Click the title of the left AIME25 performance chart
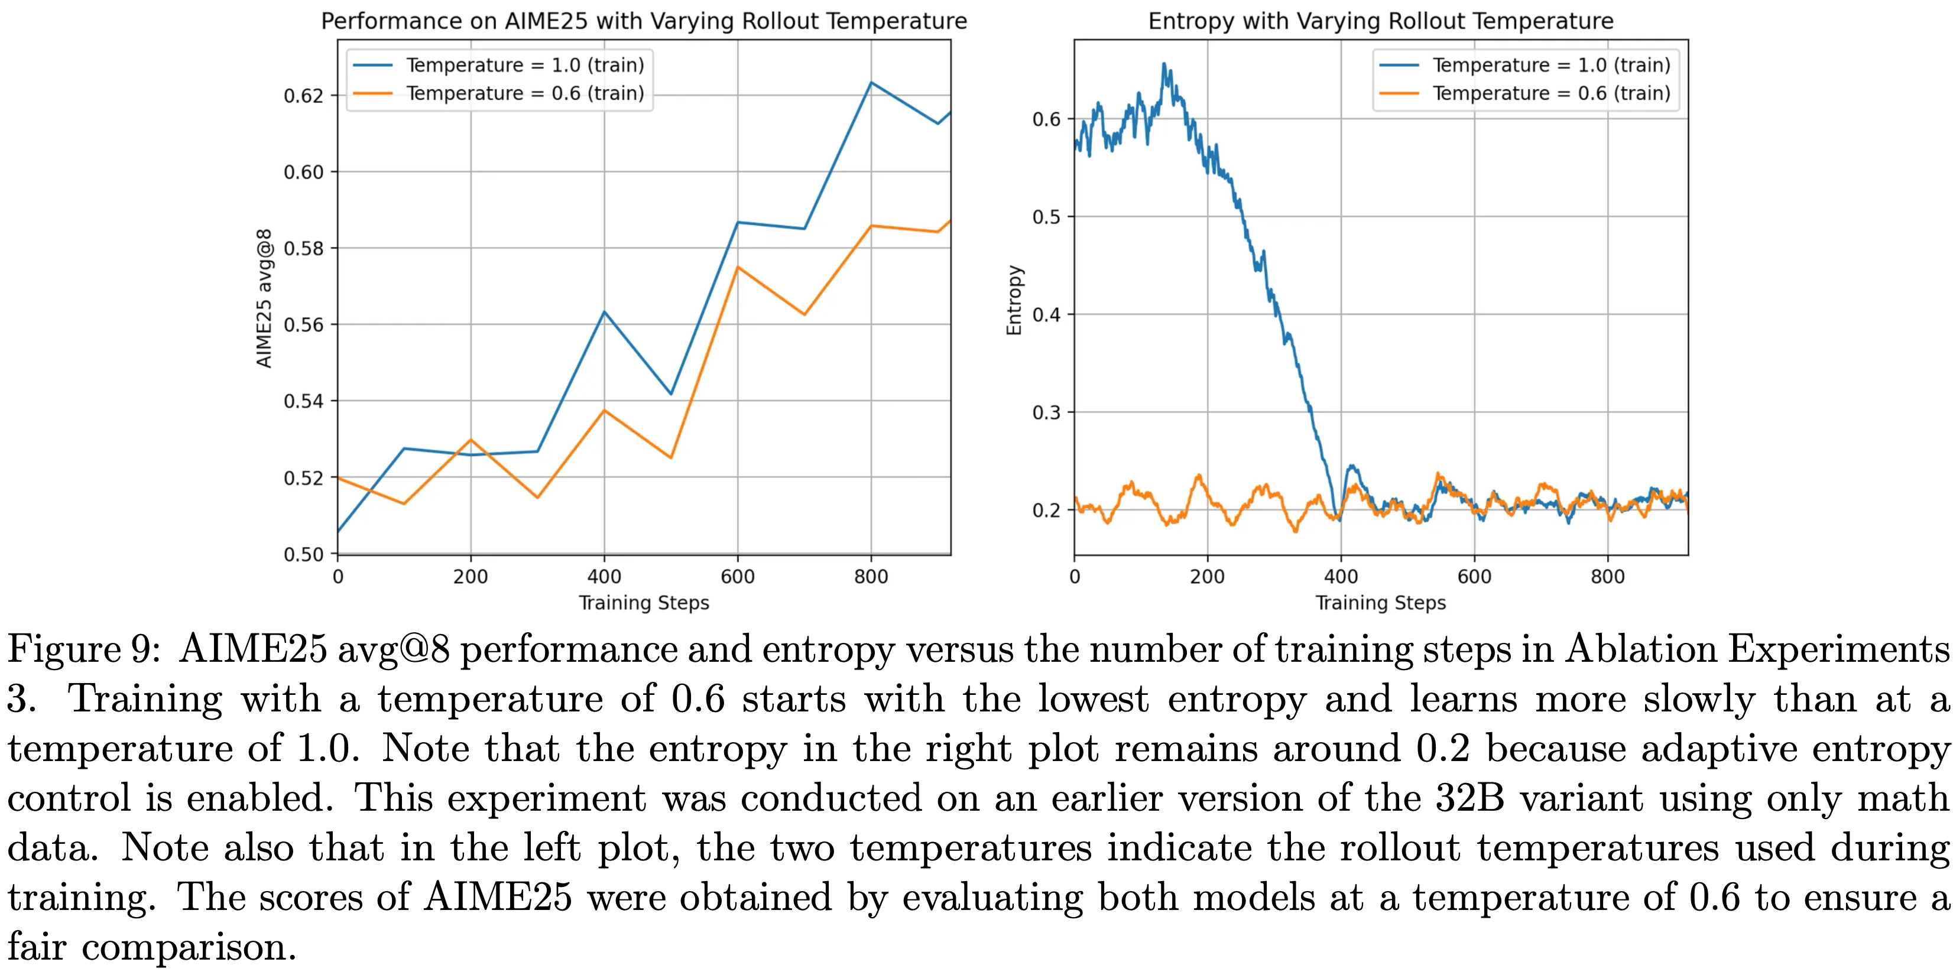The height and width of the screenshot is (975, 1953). [644, 21]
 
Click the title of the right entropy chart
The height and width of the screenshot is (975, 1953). [1381, 21]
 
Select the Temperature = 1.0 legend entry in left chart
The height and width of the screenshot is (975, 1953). [525, 65]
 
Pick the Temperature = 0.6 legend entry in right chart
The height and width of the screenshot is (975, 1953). [1550, 93]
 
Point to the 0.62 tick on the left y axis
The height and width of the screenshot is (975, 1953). [303, 96]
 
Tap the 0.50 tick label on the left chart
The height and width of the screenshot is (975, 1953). [303, 554]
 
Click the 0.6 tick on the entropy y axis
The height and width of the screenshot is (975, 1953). [1046, 119]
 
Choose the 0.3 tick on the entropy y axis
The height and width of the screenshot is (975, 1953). [1046, 412]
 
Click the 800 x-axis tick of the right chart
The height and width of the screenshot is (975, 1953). [1607, 577]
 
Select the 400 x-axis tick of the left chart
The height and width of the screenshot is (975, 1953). [604, 577]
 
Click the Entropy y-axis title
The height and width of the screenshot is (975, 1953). [1014, 300]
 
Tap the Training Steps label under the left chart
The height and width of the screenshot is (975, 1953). [644, 603]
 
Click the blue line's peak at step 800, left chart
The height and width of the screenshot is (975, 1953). [871, 83]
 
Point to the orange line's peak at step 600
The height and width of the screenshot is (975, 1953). [738, 267]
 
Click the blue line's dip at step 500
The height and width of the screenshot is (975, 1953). [671, 394]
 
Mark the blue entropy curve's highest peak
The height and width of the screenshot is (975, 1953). [1164, 64]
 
